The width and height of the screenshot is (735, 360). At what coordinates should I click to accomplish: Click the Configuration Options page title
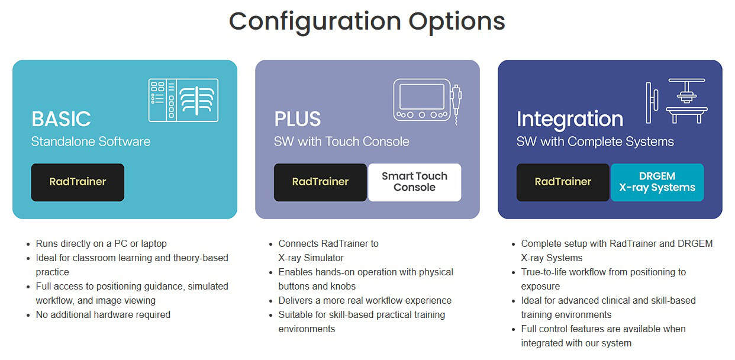(x=367, y=22)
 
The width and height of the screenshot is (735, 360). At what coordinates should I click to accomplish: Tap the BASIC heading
(x=61, y=119)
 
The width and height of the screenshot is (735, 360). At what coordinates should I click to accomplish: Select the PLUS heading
(x=297, y=119)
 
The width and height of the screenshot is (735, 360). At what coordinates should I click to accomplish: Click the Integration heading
(x=569, y=119)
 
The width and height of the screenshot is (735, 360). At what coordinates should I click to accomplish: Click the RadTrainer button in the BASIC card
(x=78, y=182)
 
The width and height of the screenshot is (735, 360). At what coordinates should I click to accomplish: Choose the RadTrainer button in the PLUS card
(x=320, y=182)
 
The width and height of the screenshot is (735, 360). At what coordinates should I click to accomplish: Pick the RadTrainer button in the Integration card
(x=563, y=182)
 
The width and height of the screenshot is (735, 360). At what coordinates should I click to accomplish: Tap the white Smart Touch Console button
(x=414, y=182)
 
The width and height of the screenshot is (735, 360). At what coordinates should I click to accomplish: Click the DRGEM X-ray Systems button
(x=657, y=182)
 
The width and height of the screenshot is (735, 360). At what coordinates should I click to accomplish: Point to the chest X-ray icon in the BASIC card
(x=183, y=100)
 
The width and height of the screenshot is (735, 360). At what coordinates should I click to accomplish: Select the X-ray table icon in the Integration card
(x=676, y=101)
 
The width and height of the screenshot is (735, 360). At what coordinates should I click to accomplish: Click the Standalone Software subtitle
(x=91, y=142)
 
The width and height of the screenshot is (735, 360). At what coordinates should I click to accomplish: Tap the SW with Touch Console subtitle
(x=341, y=142)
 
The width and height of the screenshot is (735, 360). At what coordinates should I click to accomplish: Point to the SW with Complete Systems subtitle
(x=595, y=142)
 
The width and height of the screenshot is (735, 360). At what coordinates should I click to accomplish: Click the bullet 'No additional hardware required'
(x=103, y=314)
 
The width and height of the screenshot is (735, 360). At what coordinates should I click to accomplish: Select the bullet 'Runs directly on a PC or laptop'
(x=101, y=243)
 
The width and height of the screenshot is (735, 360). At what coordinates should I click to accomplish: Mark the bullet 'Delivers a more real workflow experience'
(x=365, y=300)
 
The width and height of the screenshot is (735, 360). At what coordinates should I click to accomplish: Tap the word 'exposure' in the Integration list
(x=540, y=286)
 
